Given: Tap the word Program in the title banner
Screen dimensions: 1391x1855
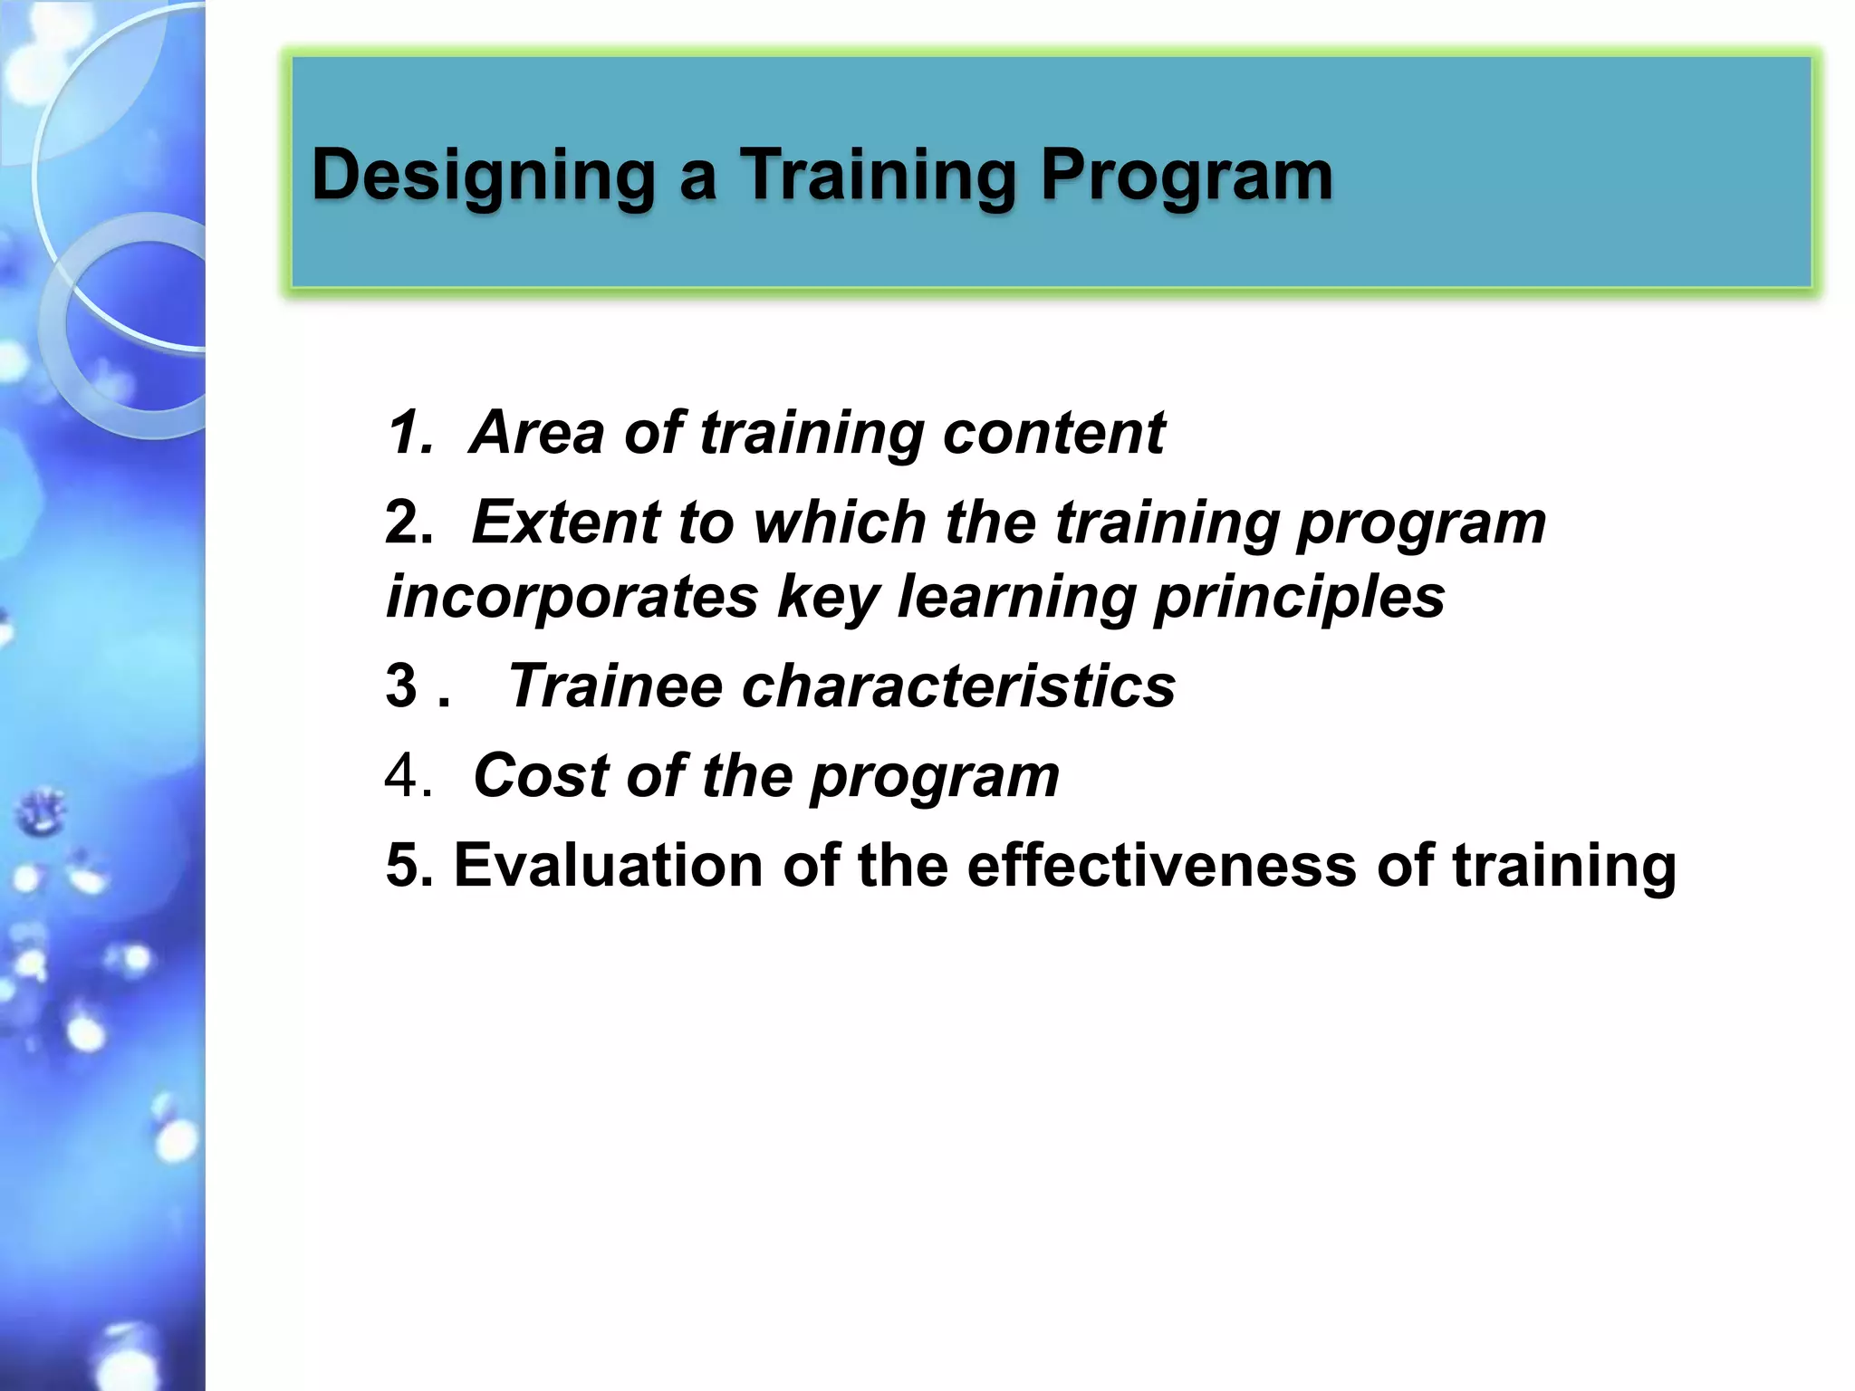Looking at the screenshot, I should point(1187,176).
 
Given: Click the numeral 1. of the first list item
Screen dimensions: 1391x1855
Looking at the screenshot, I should point(410,432).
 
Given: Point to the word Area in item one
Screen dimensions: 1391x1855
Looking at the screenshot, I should point(536,432).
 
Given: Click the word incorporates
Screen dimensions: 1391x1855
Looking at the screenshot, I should point(572,598).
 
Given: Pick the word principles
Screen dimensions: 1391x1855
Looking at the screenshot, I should point(1300,598).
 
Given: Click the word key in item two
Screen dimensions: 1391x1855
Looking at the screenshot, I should point(828,598).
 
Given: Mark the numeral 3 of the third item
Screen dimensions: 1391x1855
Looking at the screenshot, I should point(401,686).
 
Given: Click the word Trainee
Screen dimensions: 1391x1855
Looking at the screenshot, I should point(615,686).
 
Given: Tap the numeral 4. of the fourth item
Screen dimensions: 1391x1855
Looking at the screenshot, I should point(408,776).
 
